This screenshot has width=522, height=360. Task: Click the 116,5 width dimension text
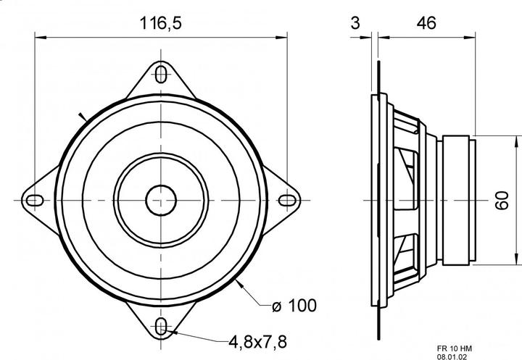click(x=160, y=23)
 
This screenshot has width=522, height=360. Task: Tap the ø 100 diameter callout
click(x=294, y=306)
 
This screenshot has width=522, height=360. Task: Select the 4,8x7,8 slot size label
click(x=257, y=341)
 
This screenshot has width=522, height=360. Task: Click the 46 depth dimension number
click(x=426, y=23)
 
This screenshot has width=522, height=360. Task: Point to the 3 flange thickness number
click(x=355, y=23)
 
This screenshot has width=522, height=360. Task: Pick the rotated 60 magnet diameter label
click(x=502, y=201)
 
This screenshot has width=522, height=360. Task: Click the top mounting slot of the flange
click(x=161, y=75)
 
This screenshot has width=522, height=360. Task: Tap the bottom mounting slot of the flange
click(x=161, y=327)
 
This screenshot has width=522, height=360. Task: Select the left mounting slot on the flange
click(x=35, y=201)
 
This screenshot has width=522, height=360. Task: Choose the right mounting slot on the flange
click(x=287, y=201)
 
